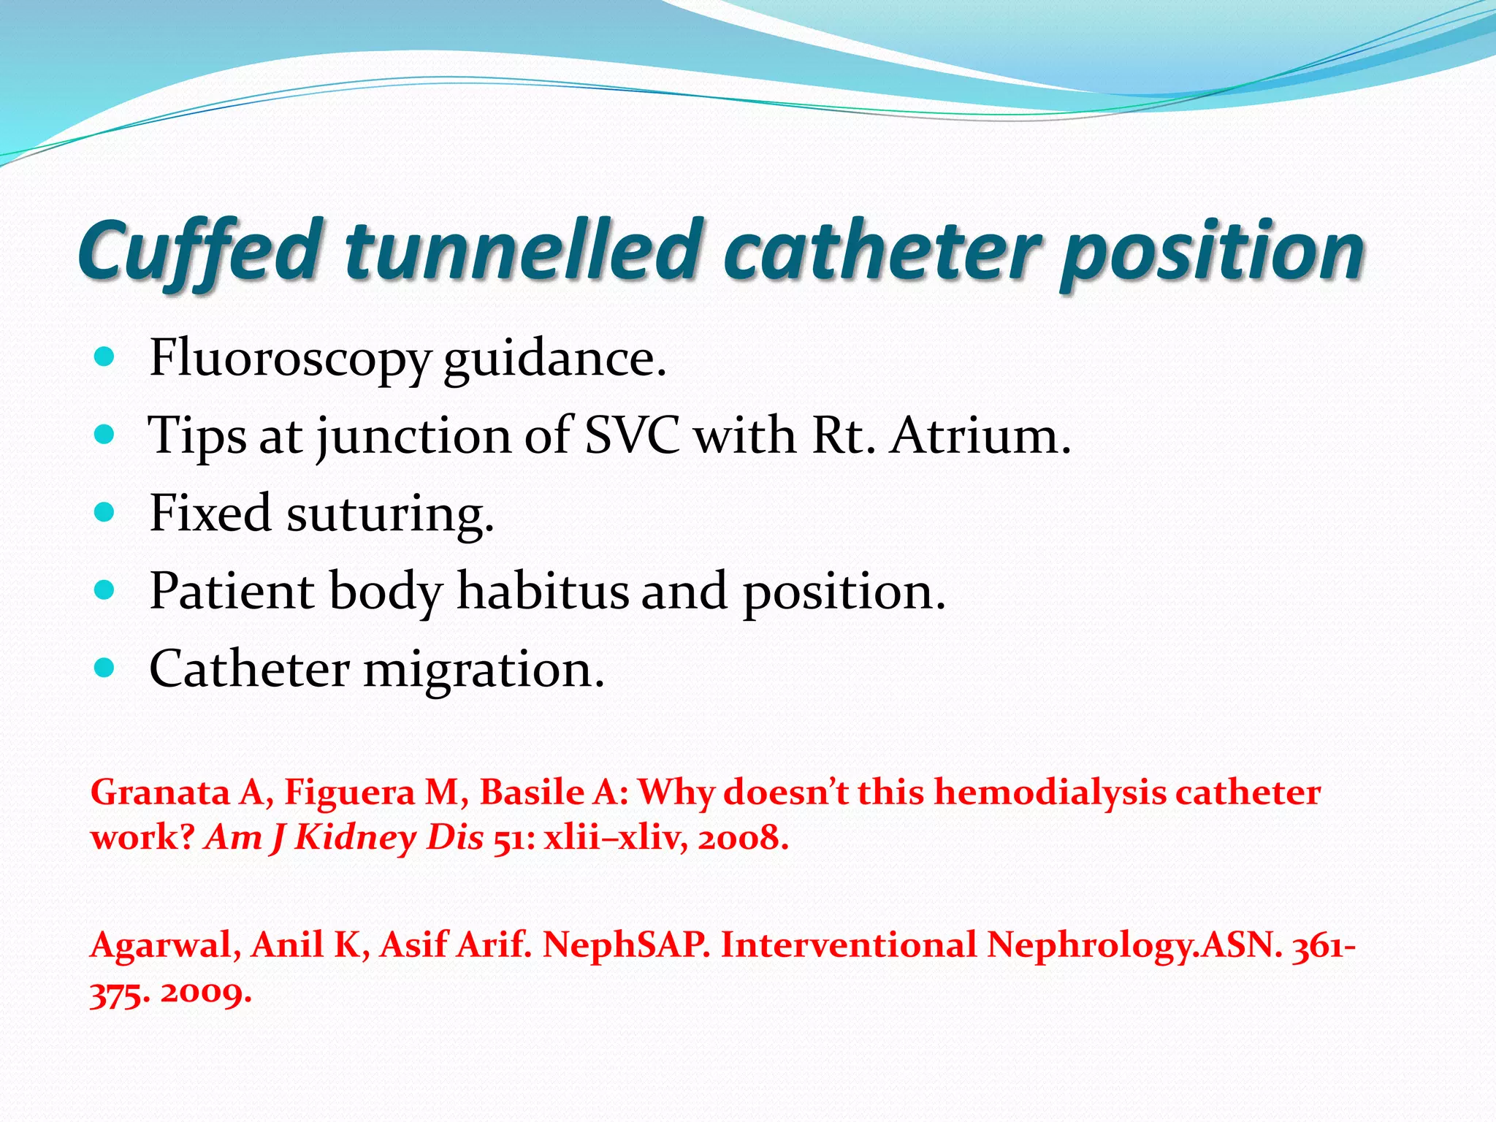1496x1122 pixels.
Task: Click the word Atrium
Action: coord(979,436)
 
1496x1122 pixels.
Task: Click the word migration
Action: coord(484,669)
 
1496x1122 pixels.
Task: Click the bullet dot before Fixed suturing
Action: coord(105,512)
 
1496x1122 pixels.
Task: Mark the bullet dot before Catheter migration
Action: coord(105,668)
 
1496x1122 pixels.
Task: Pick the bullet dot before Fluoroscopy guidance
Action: coord(105,357)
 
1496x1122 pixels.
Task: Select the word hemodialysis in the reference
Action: coord(1050,793)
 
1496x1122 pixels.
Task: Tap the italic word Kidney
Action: coord(355,838)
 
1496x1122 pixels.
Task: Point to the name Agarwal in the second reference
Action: coord(165,946)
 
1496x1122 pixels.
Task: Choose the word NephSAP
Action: coord(626,946)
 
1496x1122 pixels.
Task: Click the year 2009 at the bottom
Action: coord(206,993)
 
